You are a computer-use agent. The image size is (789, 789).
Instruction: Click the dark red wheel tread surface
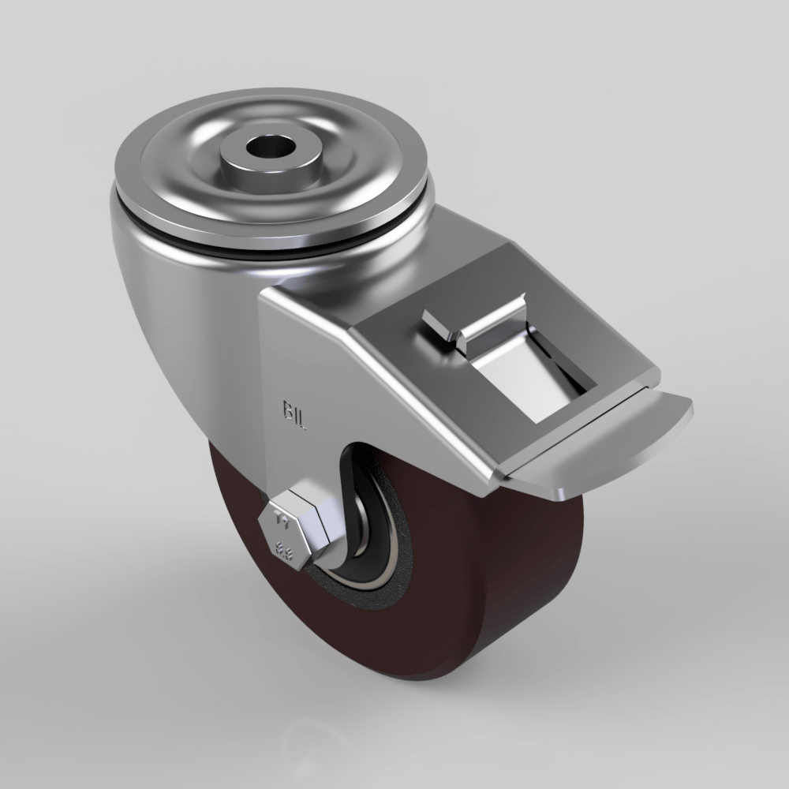(x=505, y=600)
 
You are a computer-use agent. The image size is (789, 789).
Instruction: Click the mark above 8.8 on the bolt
(x=281, y=522)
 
